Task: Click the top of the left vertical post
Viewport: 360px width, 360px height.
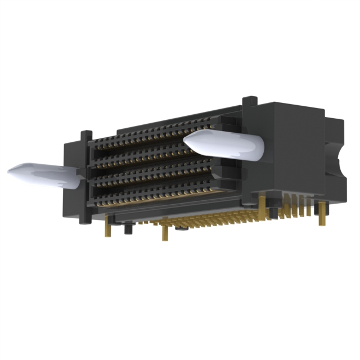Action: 85,134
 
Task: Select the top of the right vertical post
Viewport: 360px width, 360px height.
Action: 247,101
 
